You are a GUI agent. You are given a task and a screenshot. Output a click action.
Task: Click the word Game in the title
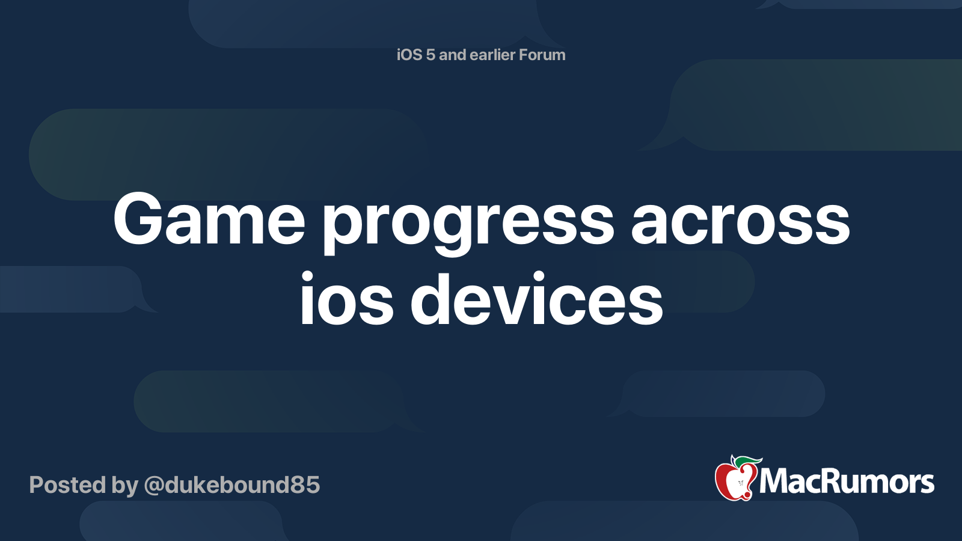[209, 219]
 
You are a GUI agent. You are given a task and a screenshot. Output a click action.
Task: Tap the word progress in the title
[469, 225]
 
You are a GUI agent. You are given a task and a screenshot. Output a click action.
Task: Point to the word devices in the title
[537, 297]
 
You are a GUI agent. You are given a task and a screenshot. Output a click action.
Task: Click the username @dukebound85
[232, 484]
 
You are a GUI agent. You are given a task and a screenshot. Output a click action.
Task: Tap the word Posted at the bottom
[68, 484]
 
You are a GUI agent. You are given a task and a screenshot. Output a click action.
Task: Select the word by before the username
[125, 486]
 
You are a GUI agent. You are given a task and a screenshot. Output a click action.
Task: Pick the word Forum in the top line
[542, 55]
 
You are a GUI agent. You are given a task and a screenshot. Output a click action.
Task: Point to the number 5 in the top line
[430, 55]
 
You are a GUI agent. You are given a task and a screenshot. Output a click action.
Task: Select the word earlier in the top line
[492, 55]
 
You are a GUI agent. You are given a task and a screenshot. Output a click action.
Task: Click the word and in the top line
[452, 55]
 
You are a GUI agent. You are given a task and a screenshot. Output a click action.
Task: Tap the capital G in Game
[138, 219]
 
